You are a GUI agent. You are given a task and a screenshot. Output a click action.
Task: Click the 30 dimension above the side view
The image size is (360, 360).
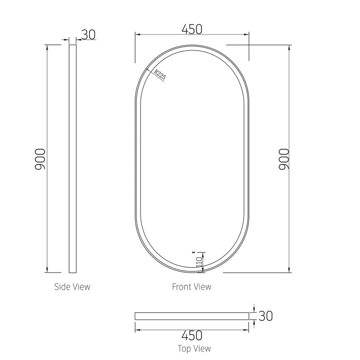[88, 35]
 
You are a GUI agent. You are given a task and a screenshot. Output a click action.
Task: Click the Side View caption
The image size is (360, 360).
[72, 287]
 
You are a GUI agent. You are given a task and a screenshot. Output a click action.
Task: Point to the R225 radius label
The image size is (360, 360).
[160, 74]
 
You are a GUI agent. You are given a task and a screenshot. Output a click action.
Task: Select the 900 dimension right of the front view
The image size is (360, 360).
[284, 159]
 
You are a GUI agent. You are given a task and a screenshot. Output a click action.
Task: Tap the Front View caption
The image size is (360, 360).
[191, 287]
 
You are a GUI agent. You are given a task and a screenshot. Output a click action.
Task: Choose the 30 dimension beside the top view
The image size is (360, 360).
[266, 316]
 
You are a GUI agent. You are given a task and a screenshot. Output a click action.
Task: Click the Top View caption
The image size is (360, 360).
[194, 348]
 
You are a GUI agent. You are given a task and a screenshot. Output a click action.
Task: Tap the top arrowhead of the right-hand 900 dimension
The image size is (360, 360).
[290, 47]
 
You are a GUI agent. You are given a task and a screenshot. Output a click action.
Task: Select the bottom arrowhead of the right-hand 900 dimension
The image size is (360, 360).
[290, 270]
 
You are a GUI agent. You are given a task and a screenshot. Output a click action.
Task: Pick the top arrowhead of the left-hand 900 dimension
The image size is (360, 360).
[47, 47]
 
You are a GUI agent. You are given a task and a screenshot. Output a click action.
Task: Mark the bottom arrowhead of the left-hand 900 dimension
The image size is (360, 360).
[47, 270]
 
